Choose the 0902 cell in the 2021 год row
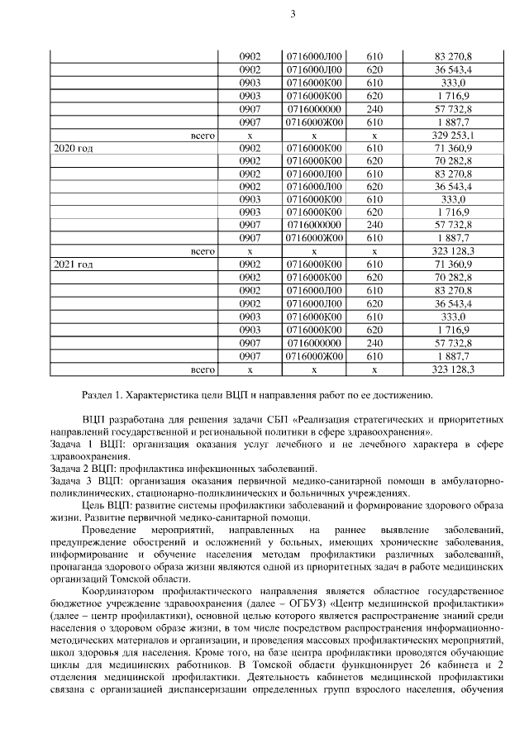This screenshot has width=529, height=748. tap(250, 264)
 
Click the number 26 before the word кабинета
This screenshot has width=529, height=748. tap(447, 665)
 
